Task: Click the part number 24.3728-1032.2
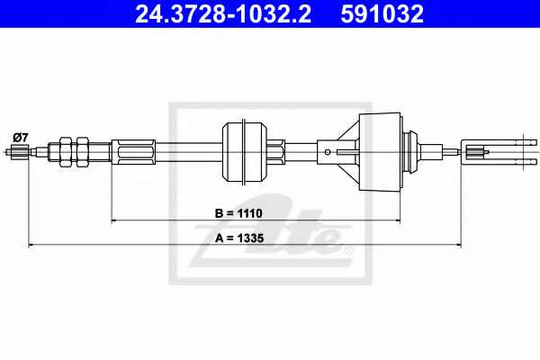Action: (223, 13)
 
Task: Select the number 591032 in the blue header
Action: (382, 13)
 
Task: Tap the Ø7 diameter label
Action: (20, 138)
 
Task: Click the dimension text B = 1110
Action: (238, 213)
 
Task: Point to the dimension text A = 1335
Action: (239, 238)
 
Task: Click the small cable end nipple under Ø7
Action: (20, 151)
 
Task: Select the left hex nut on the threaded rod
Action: (66, 152)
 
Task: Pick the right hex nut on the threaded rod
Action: (82, 152)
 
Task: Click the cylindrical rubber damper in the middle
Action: (245, 152)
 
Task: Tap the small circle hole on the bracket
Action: (328, 152)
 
